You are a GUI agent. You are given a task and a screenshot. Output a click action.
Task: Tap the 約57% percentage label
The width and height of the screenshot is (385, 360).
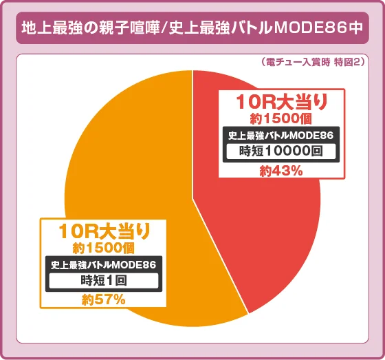104,299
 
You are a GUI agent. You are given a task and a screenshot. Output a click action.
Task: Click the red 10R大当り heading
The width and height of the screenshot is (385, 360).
281,103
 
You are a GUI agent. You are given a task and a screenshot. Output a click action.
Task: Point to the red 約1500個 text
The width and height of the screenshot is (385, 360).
281,118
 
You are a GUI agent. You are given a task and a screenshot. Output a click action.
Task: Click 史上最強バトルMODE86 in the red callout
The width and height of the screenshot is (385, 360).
281,135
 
